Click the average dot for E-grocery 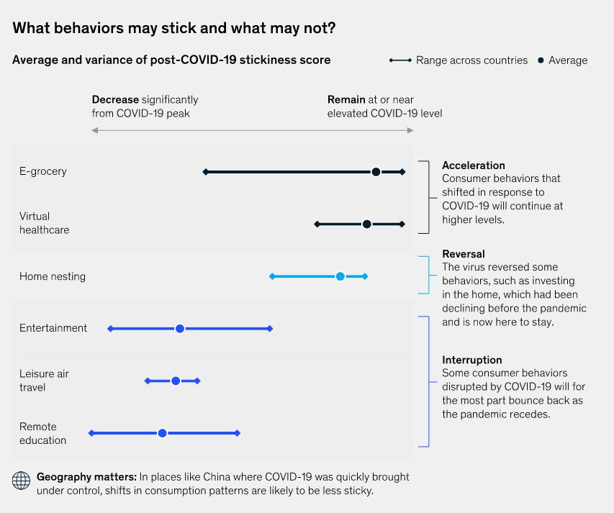pos(376,172)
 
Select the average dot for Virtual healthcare pos(366,224)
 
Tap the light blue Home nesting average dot pos(340,276)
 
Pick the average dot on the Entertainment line pos(180,329)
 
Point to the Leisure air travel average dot pos(175,381)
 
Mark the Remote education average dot pos(162,433)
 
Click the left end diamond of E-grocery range pos(205,172)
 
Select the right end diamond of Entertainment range pos(270,329)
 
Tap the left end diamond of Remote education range pos(91,433)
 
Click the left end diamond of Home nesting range pos(272,276)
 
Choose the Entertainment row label pos(53,328)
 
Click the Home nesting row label pos(53,276)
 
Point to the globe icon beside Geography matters pos(22,480)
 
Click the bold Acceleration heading pos(473,165)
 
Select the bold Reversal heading pos(464,254)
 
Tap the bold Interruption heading pos(472,360)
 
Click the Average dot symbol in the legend pos(541,60)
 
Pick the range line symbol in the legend pos(400,60)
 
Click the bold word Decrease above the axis pos(115,99)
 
